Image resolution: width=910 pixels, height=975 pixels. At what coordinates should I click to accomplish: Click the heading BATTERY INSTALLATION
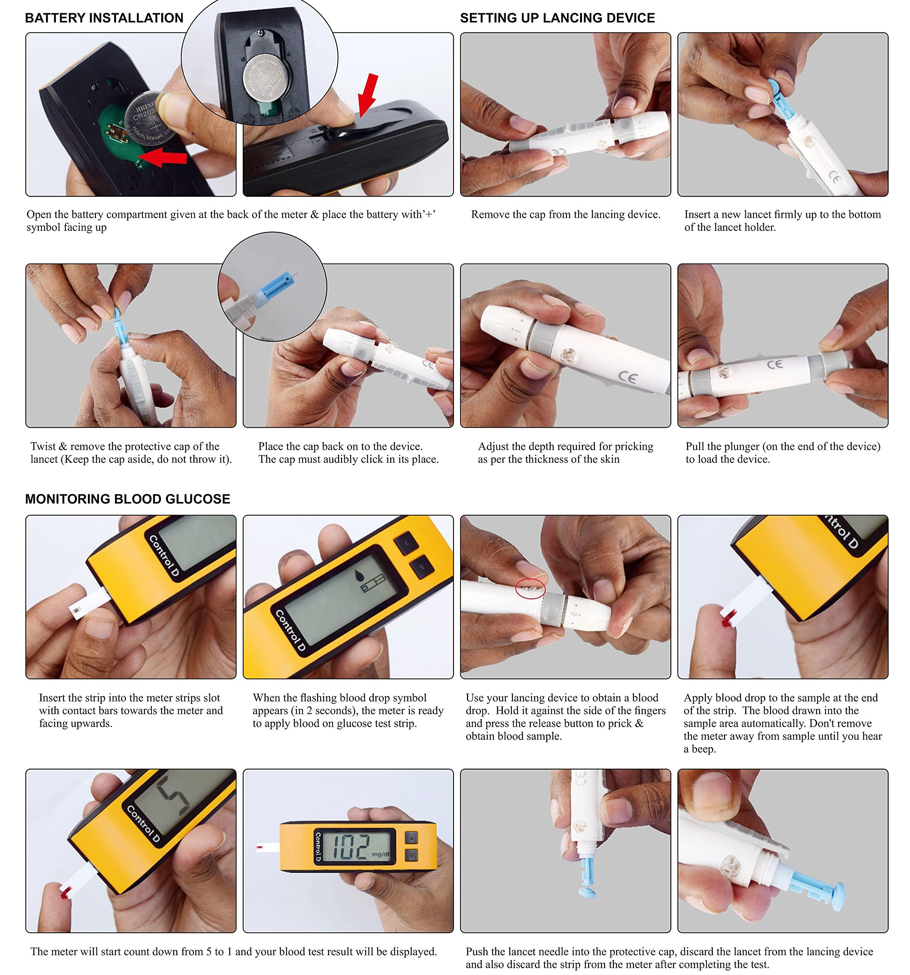104,18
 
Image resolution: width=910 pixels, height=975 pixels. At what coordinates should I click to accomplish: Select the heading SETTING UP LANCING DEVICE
557,18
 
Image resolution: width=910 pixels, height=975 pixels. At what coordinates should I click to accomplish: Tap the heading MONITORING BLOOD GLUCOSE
127,499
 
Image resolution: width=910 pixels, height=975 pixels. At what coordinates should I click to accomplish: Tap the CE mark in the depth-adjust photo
627,377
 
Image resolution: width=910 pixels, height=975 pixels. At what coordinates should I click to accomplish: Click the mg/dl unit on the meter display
380,854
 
